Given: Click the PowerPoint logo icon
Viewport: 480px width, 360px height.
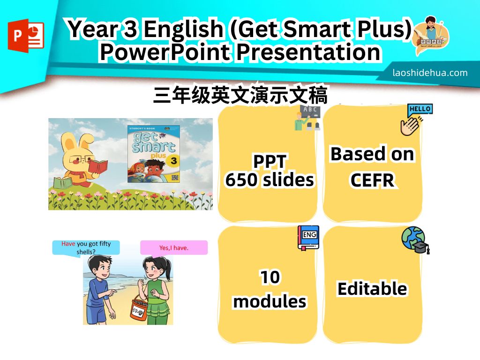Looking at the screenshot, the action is point(26,36).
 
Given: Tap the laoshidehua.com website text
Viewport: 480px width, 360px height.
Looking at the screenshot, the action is point(430,73).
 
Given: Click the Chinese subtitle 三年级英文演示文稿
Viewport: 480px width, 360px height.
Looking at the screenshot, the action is point(240,95).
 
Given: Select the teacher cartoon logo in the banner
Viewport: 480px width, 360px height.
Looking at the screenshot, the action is point(431,36).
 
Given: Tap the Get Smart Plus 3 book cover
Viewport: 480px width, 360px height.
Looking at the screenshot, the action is point(154,154).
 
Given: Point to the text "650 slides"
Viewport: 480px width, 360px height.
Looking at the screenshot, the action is point(270,180).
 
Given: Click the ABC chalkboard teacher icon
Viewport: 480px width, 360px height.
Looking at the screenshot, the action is point(307,118).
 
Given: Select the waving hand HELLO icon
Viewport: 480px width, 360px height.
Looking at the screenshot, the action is point(416,120).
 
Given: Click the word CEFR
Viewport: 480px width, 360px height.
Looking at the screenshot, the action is point(372,180).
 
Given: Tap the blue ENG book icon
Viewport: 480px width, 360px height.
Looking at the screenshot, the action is point(308,238).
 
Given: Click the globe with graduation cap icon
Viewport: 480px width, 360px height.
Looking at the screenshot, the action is point(415,240).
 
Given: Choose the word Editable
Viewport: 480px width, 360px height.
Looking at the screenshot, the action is point(372,288).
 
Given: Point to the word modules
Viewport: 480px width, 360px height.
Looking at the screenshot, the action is point(270,301).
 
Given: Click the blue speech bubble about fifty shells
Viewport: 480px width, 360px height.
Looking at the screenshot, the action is point(86,247).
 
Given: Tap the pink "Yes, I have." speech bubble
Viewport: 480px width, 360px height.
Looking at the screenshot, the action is point(174,247).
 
